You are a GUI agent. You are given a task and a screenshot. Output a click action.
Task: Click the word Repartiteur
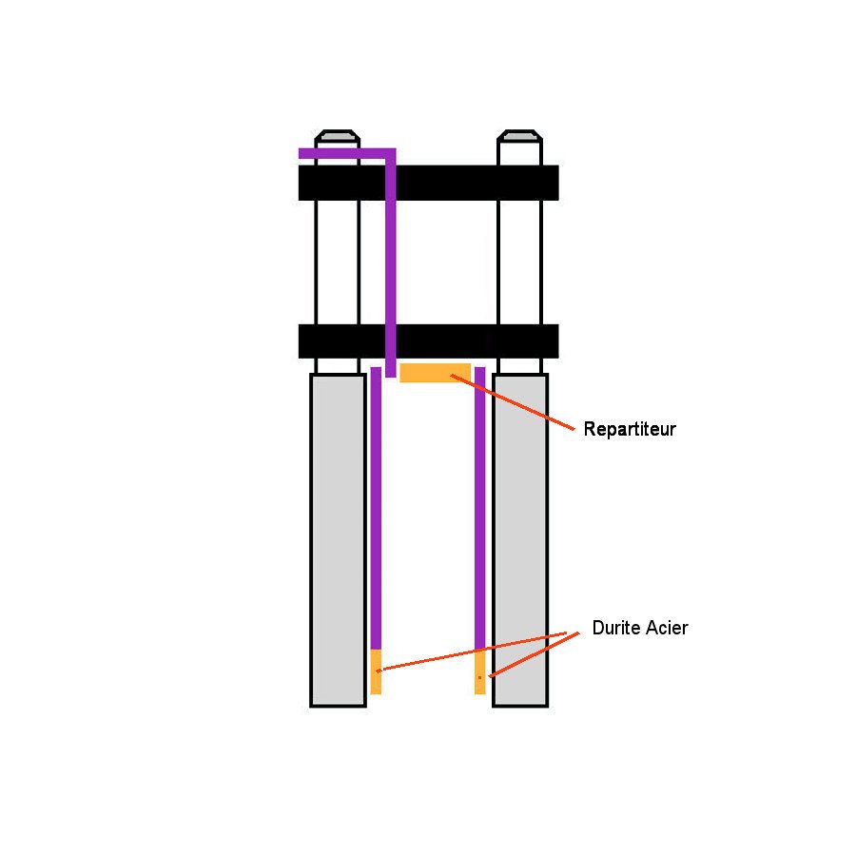pyautogui.click(x=630, y=429)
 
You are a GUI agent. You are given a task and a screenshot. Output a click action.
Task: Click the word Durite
pyautogui.click(x=614, y=628)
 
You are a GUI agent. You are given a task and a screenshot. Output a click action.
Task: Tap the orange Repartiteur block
pyautogui.click(x=435, y=373)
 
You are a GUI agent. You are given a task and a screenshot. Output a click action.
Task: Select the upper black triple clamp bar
pyautogui.click(x=429, y=183)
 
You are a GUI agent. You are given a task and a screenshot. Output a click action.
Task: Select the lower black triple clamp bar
pyautogui.click(x=429, y=341)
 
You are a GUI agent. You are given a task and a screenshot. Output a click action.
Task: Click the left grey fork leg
pyautogui.click(x=338, y=540)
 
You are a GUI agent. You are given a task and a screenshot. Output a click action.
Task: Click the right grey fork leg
pyautogui.click(x=520, y=540)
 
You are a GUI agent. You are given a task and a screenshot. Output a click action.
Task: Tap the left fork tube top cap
pyautogui.click(x=338, y=136)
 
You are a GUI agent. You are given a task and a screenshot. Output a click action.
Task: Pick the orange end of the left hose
pyautogui.click(x=376, y=671)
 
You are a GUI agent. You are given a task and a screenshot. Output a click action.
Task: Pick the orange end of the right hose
pyautogui.click(x=480, y=671)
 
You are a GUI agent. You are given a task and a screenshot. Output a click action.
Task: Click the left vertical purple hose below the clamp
pyautogui.click(x=376, y=508)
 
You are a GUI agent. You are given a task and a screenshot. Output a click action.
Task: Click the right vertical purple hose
pyautogui.click(x=480, y=508)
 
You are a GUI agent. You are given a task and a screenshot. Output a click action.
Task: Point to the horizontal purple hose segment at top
pyautogui.click(x=346, y=153)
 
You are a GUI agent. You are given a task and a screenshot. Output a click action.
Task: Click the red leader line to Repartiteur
pyautogui.click(x=513, y=402)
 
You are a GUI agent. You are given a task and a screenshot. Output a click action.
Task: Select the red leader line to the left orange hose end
pyautogui.click(x=472, y=652)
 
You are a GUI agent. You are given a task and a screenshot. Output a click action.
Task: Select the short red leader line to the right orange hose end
pyautogui.click(x=534, y=655)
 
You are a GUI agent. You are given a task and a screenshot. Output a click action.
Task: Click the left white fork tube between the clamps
pyautogui.click(x=338, y=263)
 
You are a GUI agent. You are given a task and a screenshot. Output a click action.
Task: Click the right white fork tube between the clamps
pyautogui.click(x=519, y=263)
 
